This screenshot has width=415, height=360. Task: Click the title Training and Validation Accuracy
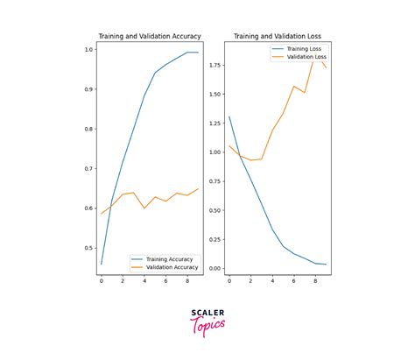148,36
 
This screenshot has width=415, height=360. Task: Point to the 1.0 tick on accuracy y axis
88,49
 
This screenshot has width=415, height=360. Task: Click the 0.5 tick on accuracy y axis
88,248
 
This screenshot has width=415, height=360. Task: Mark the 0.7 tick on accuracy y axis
88,168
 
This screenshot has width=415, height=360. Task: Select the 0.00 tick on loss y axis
214,268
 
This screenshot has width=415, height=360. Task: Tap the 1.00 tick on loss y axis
214,152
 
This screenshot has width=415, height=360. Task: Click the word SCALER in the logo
207,313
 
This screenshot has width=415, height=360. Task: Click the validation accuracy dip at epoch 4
144,208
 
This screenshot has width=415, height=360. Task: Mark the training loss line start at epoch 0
229,116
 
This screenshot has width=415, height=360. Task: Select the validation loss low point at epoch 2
251,160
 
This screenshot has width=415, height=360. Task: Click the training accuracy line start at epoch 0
102,264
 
